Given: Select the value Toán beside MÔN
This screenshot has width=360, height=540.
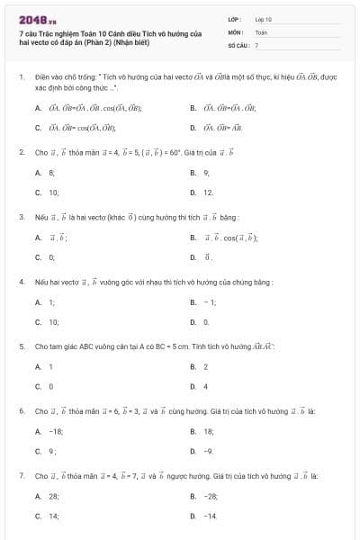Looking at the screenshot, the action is coord(261,31).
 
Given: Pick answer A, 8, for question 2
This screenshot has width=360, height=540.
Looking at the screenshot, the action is coord(47,171).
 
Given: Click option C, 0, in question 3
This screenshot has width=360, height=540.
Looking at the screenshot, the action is coord(46,257).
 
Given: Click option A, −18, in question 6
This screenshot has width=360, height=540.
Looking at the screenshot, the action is coord(50,431).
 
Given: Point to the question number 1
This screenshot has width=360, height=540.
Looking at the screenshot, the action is coord(21,77).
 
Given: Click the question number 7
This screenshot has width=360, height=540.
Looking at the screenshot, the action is coord(21,474).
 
